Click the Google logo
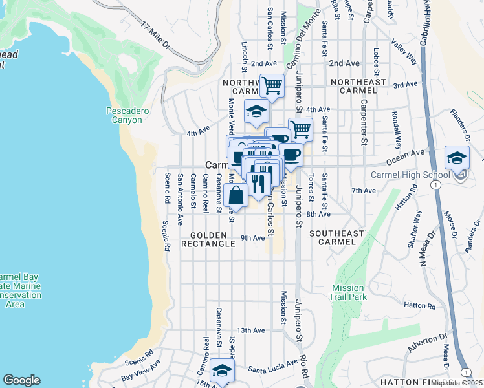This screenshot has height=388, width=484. [21, 380]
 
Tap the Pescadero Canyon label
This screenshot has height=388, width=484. [127, 116]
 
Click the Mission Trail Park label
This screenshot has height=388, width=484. [349, 292]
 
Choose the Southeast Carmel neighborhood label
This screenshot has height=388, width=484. [333, 237]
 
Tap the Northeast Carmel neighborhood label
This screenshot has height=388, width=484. [358, 87]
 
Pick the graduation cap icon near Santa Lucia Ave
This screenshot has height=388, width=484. [221, 370]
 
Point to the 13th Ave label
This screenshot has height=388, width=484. [251, 330]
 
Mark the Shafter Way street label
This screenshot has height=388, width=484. [419, 223]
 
